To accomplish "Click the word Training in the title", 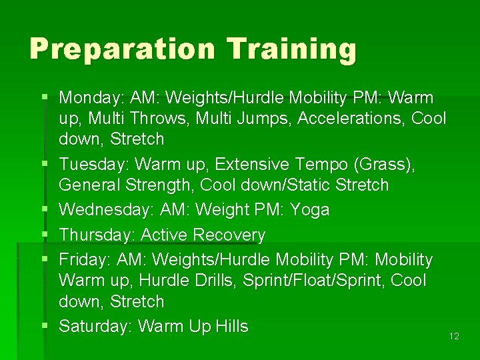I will pyautogui.click(x=291, y=49).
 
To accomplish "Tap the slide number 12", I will pyautogui.click(x=454, y=336).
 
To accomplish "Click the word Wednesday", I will pyautogui.click(x=107, y=210).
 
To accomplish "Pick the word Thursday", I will pyautogui.click(x=95, y=235).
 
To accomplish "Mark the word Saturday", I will pyautogui.click(x=96, y=326).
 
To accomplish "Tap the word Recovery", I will pyautogui.click(x=229, y=235).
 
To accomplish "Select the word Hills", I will pyautogui.click(x=232, y=326).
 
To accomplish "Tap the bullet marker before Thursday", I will pyautogui.click(x=44, y=235).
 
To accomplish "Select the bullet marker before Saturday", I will pyautogui.click(x=44, y=326).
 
